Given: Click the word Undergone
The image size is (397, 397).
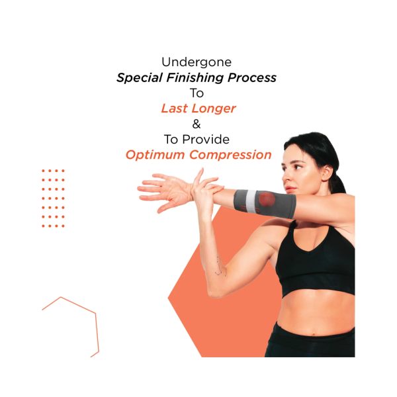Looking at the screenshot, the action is pos(197,62).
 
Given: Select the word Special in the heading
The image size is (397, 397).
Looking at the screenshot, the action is pos(139,77).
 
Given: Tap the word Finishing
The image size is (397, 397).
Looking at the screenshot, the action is pos(195,77).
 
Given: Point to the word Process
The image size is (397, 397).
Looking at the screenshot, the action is pos(252,77).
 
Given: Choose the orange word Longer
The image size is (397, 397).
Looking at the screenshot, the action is pos(214,109).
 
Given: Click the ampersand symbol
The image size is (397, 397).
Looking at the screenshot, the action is pos(197,124).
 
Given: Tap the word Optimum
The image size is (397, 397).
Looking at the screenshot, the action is pos(155,155).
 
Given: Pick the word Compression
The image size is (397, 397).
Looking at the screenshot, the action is pos(230,155).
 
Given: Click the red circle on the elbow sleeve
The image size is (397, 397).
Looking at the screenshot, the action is pos(266,199).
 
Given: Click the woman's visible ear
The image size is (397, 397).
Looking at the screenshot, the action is pos(326,173).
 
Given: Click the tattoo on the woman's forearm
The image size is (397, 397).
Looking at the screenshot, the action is pos(220,267).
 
